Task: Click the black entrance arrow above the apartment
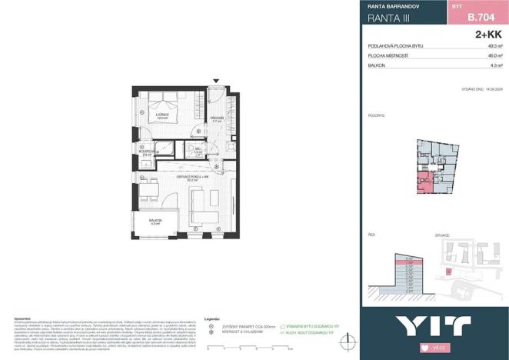(216, 80)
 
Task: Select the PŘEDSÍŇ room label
(217, 119)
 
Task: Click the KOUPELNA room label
(146, 153)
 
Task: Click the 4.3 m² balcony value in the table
(494, 66)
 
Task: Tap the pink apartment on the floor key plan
(424, 182)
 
